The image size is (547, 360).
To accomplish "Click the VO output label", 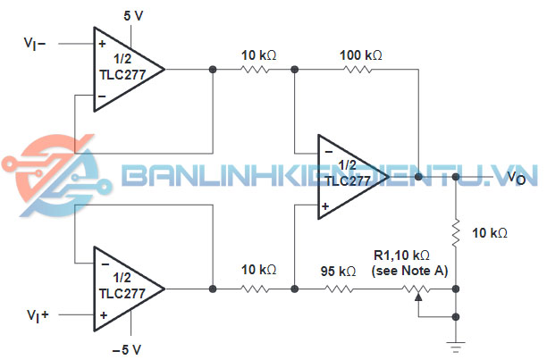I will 517,180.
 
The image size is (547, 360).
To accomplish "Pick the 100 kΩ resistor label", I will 360,55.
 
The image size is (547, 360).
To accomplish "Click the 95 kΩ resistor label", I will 340,271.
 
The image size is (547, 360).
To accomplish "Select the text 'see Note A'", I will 410,271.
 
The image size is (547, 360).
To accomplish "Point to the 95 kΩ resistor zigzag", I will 340,289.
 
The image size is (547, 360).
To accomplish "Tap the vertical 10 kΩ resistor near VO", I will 457,235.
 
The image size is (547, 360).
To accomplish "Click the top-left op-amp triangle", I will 126,69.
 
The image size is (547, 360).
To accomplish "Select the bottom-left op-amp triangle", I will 126,289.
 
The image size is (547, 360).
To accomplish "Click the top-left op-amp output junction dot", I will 213,70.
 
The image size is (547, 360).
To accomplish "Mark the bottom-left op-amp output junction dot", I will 213,289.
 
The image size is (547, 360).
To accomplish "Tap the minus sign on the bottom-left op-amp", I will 104,264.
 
